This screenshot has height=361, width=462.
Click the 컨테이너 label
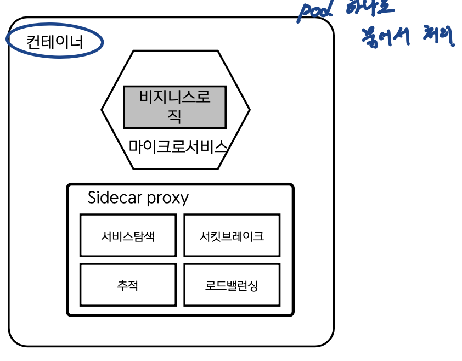[54, 42]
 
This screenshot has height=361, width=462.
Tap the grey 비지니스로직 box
[174, 106]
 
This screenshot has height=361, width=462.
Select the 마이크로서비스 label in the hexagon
[178, 146]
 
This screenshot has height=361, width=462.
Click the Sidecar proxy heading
[138, 198]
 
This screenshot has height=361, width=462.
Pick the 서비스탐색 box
[128, 236]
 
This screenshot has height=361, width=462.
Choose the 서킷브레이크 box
[232, 236]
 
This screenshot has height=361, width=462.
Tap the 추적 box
[128, 285]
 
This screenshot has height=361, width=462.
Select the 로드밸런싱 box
[232, 285]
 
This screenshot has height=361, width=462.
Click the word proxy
[168, 198]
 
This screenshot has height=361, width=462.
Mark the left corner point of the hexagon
[102, 110]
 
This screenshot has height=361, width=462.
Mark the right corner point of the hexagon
[250, 110]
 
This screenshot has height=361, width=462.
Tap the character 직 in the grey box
[174, 116]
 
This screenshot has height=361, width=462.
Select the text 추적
[128, 285]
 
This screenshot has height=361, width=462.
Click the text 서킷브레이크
[232, 236]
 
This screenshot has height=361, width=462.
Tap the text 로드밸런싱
[232, 285]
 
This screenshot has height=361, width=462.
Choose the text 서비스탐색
[128, 236]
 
